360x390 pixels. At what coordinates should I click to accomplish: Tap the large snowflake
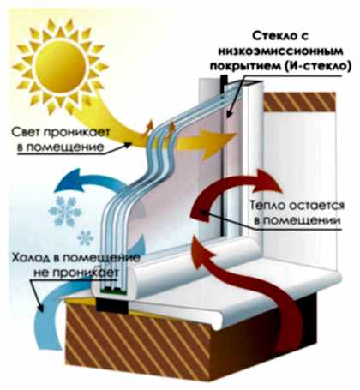point(65,212)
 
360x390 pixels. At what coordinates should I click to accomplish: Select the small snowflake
point(85,238)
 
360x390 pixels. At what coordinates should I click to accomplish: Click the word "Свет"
point(27,133)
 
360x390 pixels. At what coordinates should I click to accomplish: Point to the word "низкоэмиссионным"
point(280,51)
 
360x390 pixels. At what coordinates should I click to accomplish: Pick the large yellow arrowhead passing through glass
point(217,143)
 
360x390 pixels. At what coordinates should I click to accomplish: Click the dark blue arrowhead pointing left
point(70,183)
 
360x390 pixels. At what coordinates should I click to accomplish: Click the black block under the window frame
point(111,304)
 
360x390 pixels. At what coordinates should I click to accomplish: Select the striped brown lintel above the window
point(299,102)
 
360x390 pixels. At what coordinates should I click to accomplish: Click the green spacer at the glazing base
point(112,291)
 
